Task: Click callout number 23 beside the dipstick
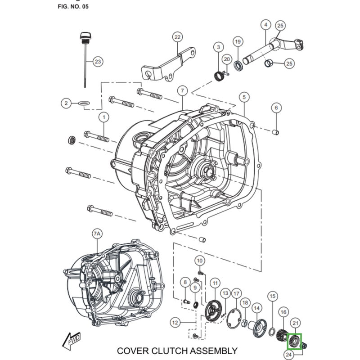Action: tap(98, 61)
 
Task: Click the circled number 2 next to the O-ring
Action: tap(66, 103)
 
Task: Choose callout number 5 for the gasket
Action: tap(243, 97)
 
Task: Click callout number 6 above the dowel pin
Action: tap(276, 108)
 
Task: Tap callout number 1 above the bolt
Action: tap(104, 117)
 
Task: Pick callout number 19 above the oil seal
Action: tap(238, 42)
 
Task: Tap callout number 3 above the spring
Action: tap(218, 47)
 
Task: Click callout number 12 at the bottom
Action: tap(175, 322)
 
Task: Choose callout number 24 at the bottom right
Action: tap(289, 355)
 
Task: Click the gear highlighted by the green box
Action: tap(294, 341)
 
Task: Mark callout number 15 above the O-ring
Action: tap(272, 296)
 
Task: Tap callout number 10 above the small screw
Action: tap(200, 261)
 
